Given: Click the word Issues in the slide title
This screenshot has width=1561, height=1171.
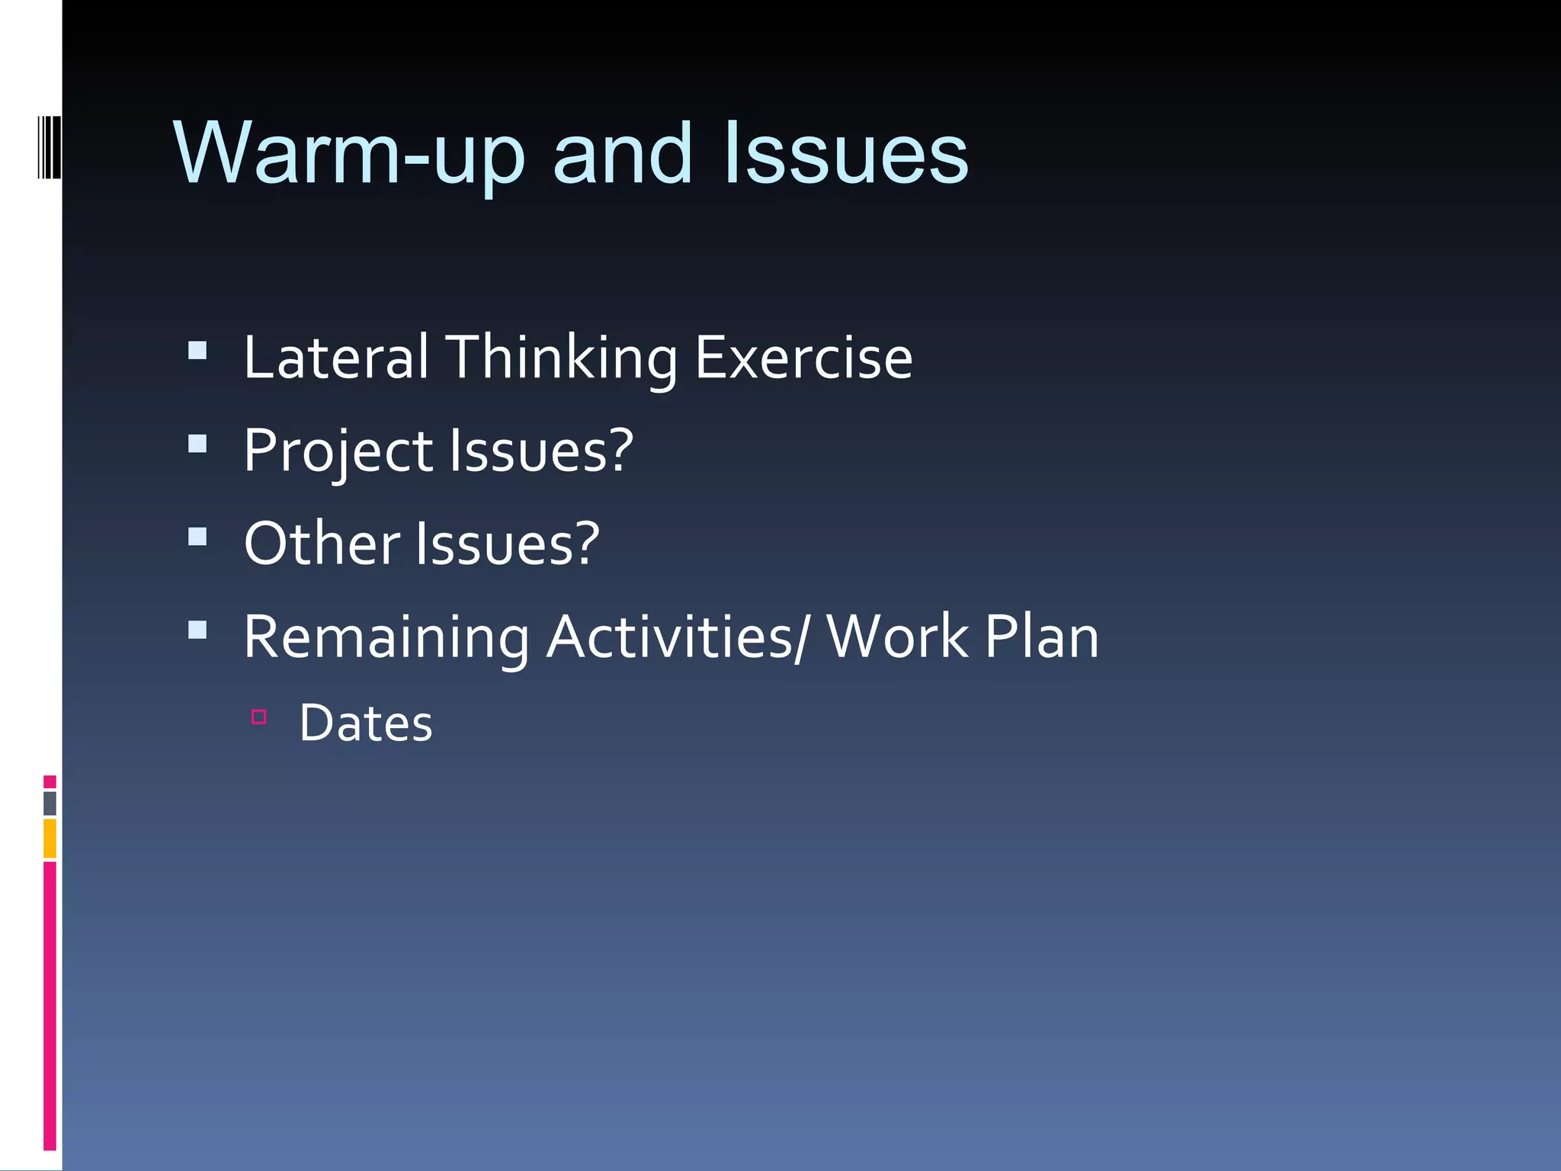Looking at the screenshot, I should point(846,155).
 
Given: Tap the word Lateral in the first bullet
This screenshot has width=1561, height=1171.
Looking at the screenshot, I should point(335,358).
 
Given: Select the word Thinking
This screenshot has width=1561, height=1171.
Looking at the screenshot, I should point(561,359).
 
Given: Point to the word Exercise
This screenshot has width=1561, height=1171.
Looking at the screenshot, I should point(803,358).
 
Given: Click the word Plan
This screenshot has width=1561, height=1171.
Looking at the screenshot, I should point(1041,637).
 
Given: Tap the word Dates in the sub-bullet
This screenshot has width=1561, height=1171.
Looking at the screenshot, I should point(366,723).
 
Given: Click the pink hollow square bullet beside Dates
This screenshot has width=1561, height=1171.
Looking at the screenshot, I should point(259,717).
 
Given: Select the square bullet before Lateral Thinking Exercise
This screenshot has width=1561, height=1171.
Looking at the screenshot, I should point(197,351).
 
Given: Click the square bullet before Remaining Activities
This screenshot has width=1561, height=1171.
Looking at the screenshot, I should point(197,630).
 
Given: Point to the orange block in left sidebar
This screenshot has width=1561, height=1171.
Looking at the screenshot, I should point(50,839).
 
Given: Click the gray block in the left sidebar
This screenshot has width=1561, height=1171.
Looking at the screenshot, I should point(50,803).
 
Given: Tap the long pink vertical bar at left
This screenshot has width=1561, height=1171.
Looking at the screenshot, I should point(50,1006).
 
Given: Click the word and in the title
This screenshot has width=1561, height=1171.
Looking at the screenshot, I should point(622,155).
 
